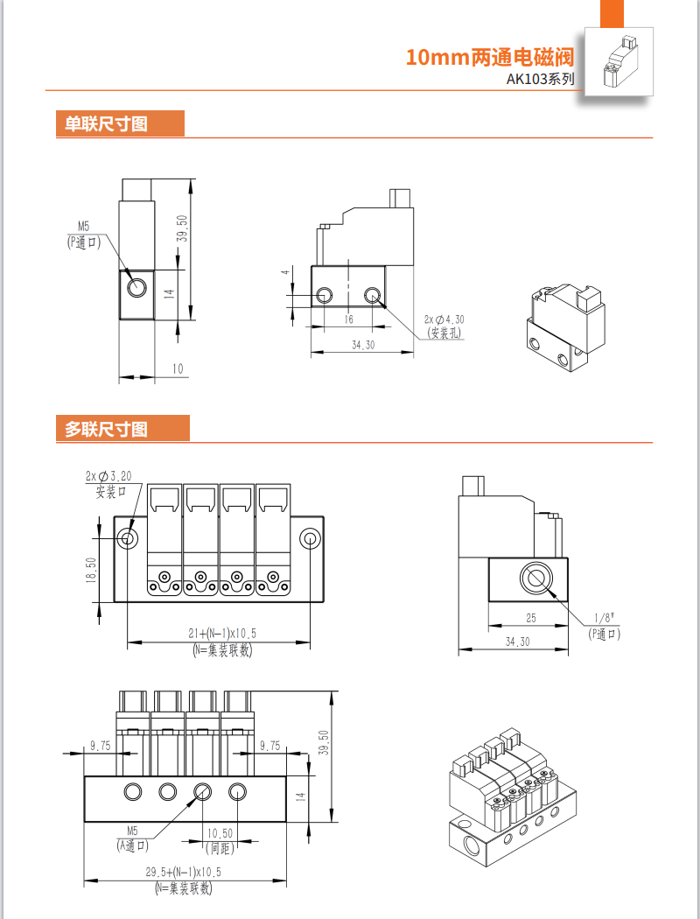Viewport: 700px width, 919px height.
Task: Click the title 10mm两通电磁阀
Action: pos(489,59)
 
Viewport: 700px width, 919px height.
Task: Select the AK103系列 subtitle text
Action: pos(541,80)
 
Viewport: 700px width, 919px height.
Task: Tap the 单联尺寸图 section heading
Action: pos(101,124)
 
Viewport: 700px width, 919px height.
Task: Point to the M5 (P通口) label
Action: pos(84,235)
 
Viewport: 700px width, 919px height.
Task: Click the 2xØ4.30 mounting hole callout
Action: pos(444,326)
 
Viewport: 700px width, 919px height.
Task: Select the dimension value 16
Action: pos(347,319)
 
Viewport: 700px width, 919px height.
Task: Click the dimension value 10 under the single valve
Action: pos(178,369)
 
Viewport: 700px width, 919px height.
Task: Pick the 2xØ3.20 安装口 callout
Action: pos(109,483)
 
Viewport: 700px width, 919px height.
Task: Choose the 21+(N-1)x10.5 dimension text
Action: pos(220,634)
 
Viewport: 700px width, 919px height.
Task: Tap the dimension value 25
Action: pos(531,619)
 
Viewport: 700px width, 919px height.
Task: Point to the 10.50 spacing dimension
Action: pos(220,833)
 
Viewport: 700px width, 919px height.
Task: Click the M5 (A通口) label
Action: pos(133,838)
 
